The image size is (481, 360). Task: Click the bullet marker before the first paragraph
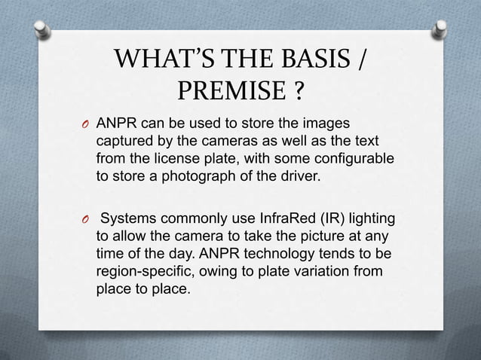point(84,125)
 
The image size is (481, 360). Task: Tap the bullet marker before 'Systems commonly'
point(84,221)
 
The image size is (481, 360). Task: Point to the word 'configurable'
point(357,160)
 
